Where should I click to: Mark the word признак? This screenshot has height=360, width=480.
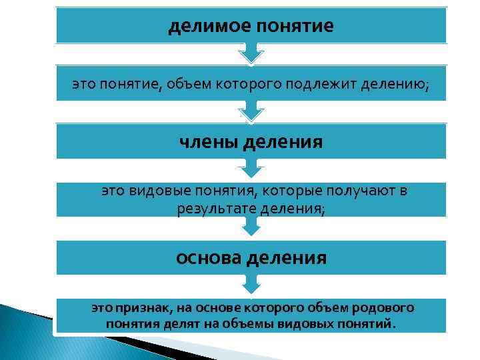coord(143,308)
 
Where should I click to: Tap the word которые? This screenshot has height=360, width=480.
coord(291,192)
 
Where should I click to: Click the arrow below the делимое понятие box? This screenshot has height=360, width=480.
coord(251,53)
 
